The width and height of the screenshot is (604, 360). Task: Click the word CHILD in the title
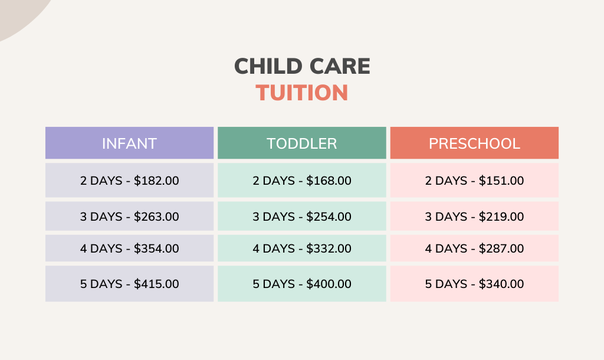268,66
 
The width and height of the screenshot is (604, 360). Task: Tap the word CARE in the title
340,66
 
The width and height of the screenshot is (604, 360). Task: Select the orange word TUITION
302,93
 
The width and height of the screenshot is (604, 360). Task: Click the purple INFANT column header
129,143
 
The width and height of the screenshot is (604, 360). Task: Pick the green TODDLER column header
302,143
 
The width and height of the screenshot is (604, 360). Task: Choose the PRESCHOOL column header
474,143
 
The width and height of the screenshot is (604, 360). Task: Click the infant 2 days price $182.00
156,181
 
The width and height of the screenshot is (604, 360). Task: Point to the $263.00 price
156,217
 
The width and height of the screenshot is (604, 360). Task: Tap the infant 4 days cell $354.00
156,248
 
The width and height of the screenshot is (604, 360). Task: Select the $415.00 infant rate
156,284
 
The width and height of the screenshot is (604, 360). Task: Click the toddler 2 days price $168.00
329,181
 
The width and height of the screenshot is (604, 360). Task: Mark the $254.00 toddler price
329,217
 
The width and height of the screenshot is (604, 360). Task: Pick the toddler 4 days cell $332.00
329,248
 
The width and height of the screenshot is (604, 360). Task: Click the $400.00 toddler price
329,284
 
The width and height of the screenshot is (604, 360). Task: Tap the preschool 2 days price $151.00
501,181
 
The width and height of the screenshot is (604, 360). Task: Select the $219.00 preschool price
501,217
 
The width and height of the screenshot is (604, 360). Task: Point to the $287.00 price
501,248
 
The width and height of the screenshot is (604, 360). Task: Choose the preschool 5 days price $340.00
501,284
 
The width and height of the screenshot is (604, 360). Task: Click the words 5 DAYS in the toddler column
274,284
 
